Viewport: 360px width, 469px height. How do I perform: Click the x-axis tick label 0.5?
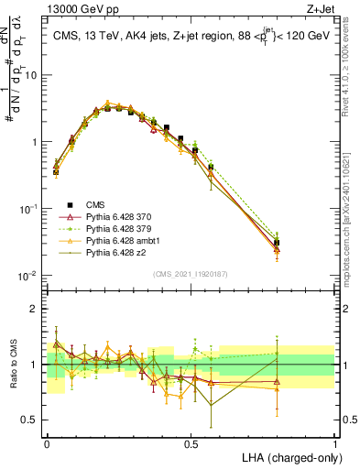point(191,442)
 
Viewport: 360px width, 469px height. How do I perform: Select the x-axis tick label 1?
point(335,442)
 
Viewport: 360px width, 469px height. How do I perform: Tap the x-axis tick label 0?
point(48,442)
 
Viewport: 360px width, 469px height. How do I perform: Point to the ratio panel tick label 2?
point(35,309)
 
